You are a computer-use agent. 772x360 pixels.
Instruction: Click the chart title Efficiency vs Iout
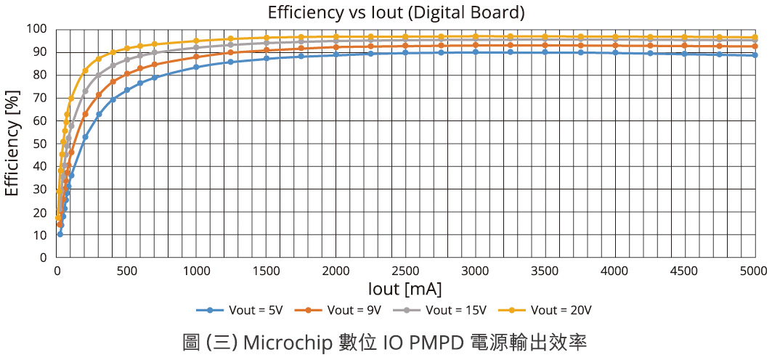pos(396,12)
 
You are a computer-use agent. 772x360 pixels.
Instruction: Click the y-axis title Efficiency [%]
pos(12,144)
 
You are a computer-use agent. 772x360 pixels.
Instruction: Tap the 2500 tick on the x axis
pos(405,271)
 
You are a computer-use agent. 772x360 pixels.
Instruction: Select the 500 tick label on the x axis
pos(127,271)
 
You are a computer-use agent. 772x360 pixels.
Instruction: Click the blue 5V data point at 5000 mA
pos(755,55)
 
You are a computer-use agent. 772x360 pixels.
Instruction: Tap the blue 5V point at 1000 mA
pos(196,67)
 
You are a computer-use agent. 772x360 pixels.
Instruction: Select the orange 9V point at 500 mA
pos(127,73)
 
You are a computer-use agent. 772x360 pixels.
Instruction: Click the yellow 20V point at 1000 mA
pos(196,41)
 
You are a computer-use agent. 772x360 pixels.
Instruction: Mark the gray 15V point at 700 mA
pos(155,52)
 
